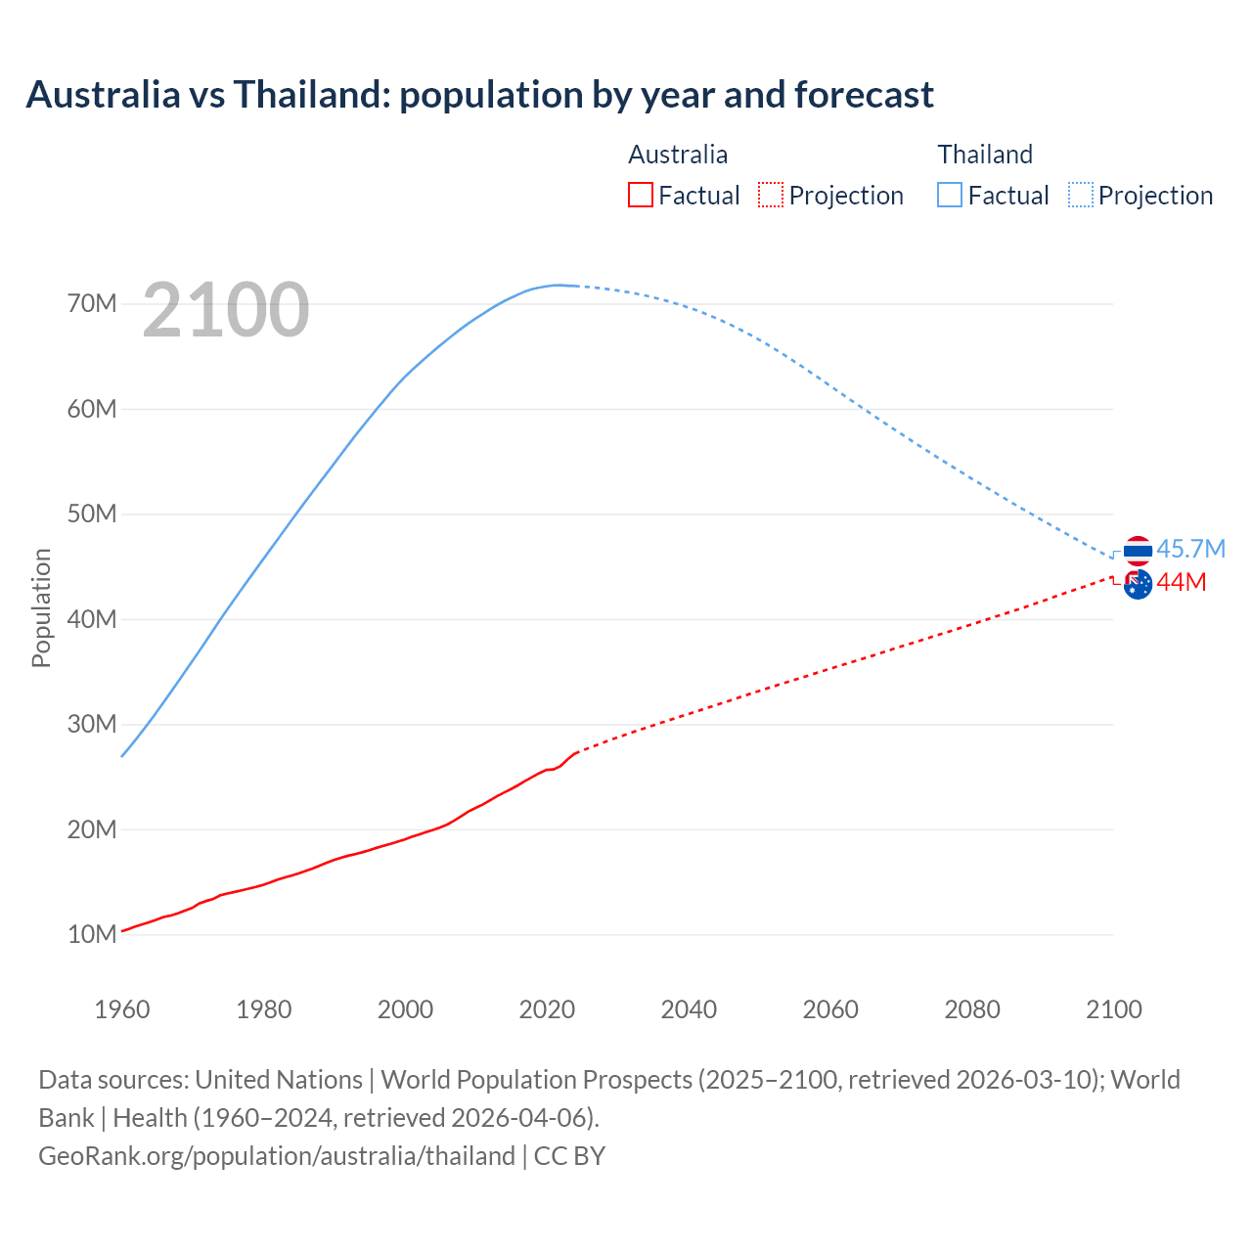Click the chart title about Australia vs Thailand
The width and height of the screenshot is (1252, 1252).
pyautogui.click(x=479, y=95)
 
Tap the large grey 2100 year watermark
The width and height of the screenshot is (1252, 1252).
pyautogui.click(x=226, y=310)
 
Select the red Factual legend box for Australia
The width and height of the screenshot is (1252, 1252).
pyautogui.click(x=640, y=195)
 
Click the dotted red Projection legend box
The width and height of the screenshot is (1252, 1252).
pyautogui.click(x=771, y=195)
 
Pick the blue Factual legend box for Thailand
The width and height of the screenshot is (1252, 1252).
pyautogui.click(x=950, y=195)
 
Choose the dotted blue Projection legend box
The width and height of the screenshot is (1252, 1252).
pyautogui.click(x=1081, y=195)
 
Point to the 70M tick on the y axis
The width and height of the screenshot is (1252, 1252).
pyautogui.click(x=92, y=303)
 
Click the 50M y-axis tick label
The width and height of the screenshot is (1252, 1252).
pyautogui.click(x=92, y=514)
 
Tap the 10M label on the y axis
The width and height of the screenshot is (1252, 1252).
pyautogui.click(x=92, y=934)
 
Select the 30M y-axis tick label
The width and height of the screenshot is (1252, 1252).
pyautogui.click(x=92, y=724)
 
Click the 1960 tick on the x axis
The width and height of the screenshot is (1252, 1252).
pyautogui.click(x=122, y=1009)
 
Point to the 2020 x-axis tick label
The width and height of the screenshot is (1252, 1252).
pyautogui.click(x=547, y=1009)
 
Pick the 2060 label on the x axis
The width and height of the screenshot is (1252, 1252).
pyautogui.click(x=830, y=1009)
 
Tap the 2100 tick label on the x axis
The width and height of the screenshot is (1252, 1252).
pyautogui.click(x=1114, y=1009)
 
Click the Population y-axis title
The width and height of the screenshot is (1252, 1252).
pyautogui.click(x=41, y=607)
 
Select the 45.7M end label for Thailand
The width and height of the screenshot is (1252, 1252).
pyautogui.click(x=1190, y=549)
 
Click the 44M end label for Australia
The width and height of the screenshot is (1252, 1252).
pyautogui.click(x=1182, y=583)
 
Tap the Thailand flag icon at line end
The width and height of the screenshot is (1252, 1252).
pyautogui.click(x=1138, y=551)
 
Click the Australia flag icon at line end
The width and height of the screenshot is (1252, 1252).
pyautogui.click(x=1138, y=585)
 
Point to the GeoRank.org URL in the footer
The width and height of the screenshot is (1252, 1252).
pyautogui.click(x=277, y=1155)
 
